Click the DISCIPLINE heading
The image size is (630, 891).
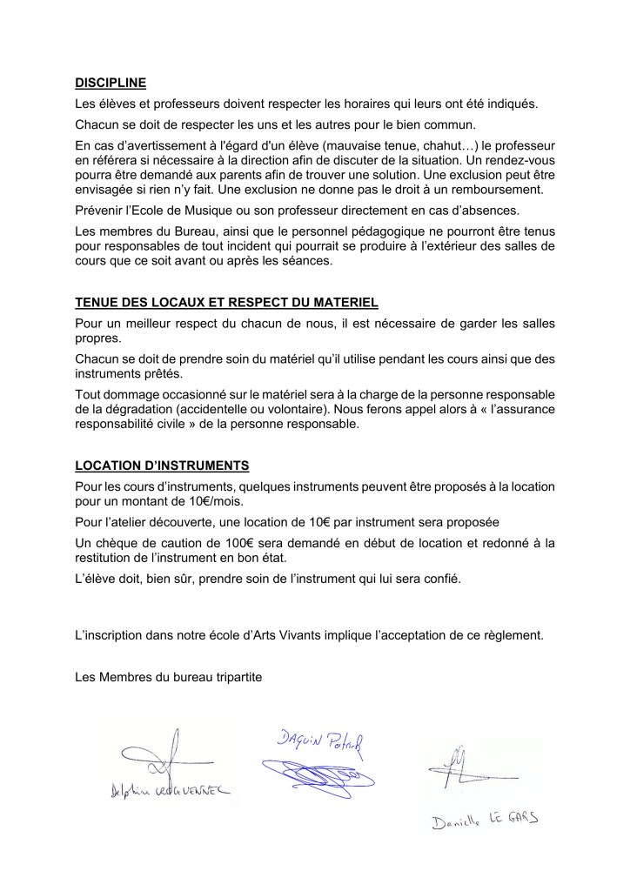pos(111,84)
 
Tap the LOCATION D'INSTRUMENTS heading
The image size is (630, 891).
pos(163,466)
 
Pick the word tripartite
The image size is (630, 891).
pos(231,673)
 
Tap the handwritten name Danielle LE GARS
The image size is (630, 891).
pos(486,820)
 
